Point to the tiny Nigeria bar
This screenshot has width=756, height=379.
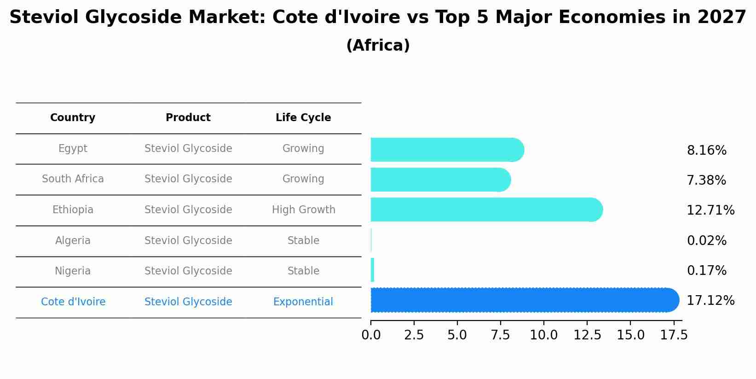372,270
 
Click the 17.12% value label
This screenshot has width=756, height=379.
710,301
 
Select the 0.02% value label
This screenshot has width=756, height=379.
706,240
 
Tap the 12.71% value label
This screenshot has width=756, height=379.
710,210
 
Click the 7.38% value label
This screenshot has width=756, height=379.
706,180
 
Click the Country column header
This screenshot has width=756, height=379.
73,118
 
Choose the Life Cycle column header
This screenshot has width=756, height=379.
303,118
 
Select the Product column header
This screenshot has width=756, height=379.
188,118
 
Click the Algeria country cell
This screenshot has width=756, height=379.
73,240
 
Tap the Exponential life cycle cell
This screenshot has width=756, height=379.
303,302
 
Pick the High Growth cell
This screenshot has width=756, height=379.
303,210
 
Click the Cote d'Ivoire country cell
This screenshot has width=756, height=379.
73,302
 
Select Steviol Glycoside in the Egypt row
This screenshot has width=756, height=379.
188,148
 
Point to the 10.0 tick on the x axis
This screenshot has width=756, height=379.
543,335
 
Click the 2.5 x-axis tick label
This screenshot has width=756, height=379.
414,335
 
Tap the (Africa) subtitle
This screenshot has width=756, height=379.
378,46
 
